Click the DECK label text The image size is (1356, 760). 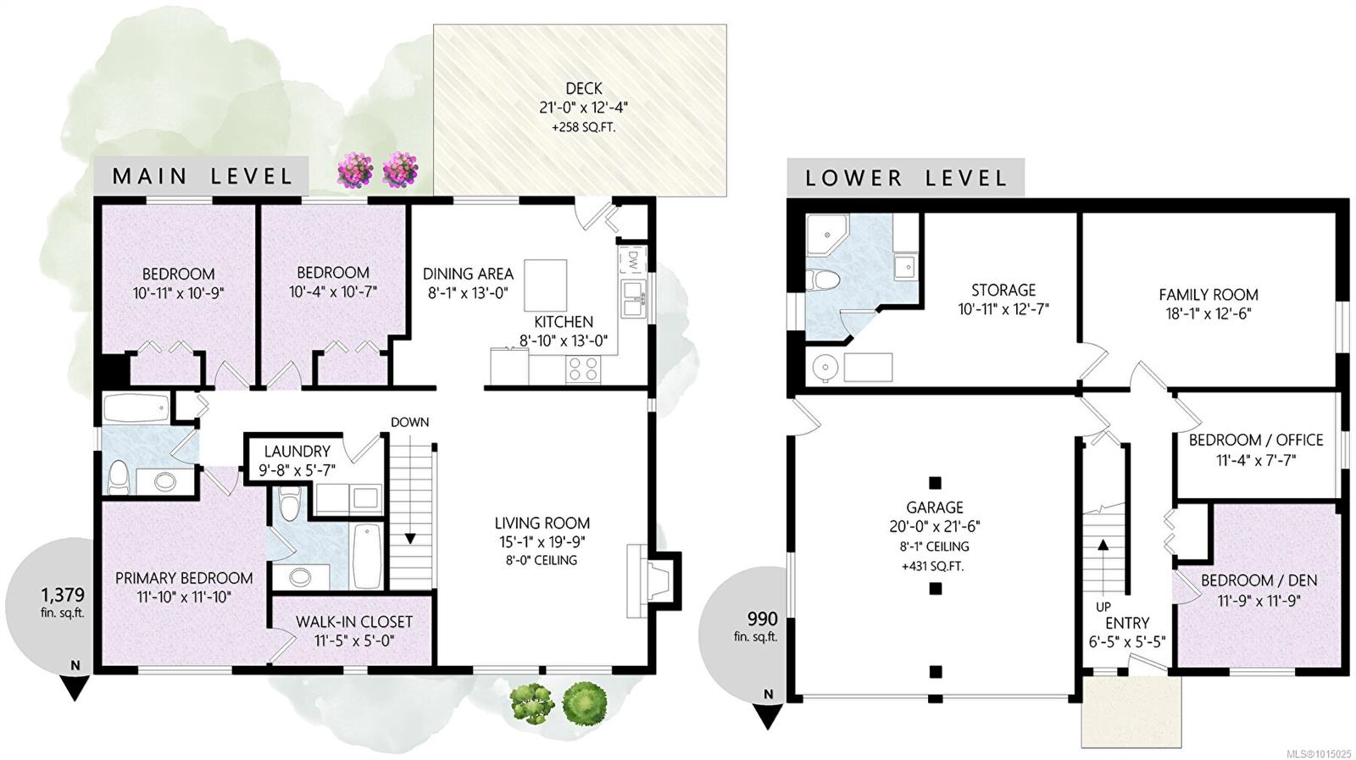click(x=584, y=89)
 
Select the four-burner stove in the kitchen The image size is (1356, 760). click(x=584, y=369)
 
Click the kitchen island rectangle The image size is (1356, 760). click(x=546, y=286)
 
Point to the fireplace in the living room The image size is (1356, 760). click(x=653, y=581)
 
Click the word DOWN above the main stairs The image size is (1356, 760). click(x=410, y=422)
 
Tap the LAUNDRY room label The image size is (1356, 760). click(x=297, y=452)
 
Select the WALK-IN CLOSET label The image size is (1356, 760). click(x=354, y=622)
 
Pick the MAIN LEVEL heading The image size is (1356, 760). click(x=203, y=176)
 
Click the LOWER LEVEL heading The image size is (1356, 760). click(x=906, y=179)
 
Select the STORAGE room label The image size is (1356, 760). click(x=1003, y=290)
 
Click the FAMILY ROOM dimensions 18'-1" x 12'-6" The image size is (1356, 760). click(x=1209, y=314)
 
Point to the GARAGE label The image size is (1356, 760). click(x=935, y=507)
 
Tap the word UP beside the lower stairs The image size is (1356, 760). click(x=1103, y=607)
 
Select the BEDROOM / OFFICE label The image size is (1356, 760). click(x=1256, y=440)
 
